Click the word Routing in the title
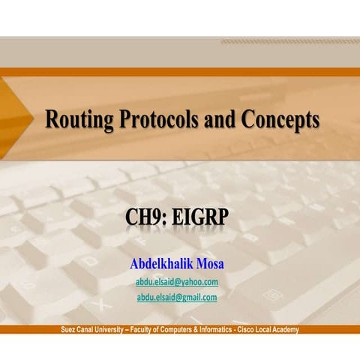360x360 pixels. click(79, 120)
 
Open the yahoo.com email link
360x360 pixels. click(177, 282)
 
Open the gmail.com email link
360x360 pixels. click(177, 297)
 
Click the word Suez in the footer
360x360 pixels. click(69, 330)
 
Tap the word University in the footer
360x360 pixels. click(115, 330)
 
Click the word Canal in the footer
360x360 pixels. click(88, 330)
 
